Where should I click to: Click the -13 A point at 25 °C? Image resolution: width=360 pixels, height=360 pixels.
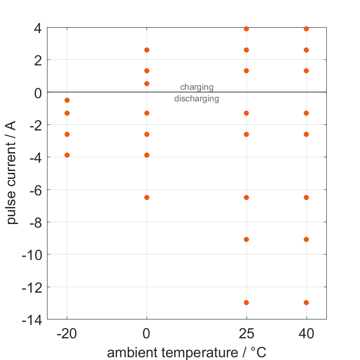point(246,302)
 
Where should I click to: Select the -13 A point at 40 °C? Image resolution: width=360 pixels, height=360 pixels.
point(306,302)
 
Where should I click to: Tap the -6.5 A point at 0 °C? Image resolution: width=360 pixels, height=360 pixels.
point(147,197)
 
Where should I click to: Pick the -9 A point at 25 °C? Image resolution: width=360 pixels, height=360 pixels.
point(246,239)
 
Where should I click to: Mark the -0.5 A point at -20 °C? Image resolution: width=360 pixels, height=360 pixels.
point(67,100)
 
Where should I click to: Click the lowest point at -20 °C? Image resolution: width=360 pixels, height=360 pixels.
point(67,155)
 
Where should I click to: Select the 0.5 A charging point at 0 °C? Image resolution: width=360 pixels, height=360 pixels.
point(147,83)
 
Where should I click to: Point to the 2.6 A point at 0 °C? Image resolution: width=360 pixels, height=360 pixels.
point(147,50)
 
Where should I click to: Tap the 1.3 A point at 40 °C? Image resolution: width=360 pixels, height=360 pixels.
point(306,71)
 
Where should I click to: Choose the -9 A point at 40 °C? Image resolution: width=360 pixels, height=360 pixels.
point(306,239)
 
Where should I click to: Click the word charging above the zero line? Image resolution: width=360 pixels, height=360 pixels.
point(197,87)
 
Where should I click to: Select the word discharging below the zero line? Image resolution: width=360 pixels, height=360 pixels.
point(197,99)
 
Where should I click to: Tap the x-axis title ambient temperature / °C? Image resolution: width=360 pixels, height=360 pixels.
point(187,353)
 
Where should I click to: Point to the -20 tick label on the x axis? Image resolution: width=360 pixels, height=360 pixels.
point(67,334)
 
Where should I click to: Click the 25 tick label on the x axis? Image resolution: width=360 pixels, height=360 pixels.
point(246,334)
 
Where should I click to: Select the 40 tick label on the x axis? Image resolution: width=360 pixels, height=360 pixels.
point(306,334)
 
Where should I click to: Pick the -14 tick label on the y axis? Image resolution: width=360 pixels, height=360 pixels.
point(33,319)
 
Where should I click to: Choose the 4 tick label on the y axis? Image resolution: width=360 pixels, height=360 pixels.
point(37,28)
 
